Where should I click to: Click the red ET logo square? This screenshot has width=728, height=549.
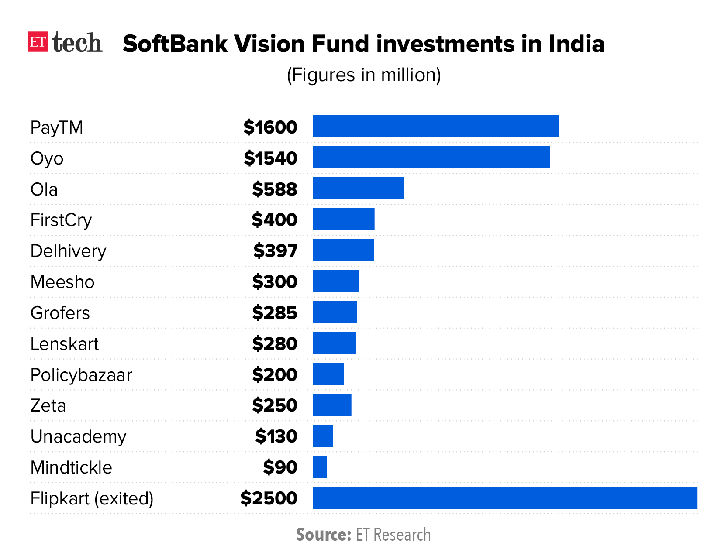coord(37,42)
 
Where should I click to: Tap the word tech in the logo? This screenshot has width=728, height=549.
coord(77,43)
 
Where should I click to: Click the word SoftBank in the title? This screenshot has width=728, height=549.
coord(175,44)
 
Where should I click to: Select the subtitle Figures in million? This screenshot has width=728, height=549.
coord(363,75)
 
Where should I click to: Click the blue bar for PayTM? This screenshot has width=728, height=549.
coord(435,127)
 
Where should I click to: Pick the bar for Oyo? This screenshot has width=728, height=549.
coord(431,158)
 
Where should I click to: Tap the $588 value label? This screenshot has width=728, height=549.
coord(274,189)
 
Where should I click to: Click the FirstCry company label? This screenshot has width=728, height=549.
coord(61,220)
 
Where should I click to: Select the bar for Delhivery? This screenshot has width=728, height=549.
coord(343,250)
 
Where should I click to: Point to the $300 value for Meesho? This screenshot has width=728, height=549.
coord(274,282)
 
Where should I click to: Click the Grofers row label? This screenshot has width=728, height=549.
coord(60,313)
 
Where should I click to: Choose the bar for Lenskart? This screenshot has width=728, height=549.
coord(334,343)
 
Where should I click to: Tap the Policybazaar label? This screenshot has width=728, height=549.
coord(81,375)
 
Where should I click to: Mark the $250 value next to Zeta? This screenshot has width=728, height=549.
coord(274,405)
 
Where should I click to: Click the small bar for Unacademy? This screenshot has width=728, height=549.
coord(323,436)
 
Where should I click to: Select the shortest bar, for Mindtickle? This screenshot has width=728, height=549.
coord(320,467)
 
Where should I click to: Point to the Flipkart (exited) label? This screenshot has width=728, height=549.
coord(92,498)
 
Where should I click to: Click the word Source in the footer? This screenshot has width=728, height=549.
coord(323,535)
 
